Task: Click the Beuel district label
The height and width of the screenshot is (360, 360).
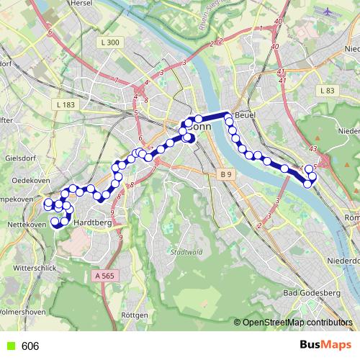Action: tap(247, 115)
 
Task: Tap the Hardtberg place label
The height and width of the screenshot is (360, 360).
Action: tap(91, 223)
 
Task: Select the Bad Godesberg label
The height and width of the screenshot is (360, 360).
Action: tap(310, 292)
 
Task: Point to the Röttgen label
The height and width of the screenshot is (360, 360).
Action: tap(135, 315)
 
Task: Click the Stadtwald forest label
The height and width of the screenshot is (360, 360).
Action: tap(186, 252)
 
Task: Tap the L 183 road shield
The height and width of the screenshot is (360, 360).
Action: tap(65, 105)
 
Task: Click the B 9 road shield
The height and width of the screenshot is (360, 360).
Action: tap(226, 174)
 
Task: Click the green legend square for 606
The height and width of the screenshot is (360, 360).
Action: tap(9, 346)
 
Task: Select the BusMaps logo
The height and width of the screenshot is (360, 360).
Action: tap(324, 345)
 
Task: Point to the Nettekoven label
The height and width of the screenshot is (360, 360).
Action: tap(22, 224)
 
